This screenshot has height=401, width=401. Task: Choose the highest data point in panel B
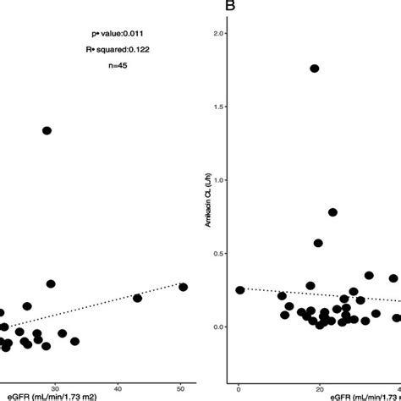[314, 69]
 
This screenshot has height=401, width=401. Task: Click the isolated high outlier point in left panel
[47, 130]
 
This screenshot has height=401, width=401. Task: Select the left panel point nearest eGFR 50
[182, 288]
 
